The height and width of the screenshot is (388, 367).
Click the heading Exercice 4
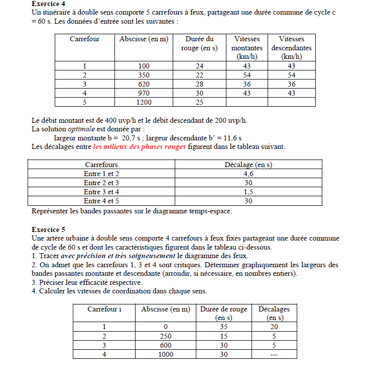(48, 5)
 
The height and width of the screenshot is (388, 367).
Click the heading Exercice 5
(48, 229)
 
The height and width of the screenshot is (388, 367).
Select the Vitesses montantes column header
(247, 48)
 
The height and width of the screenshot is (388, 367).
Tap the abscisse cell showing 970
(144, 93)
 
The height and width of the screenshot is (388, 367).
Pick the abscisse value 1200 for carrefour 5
(144, 102)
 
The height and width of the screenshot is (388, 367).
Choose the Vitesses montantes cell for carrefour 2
(247, 75)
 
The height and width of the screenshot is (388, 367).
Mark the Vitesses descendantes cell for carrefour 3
(291, 84)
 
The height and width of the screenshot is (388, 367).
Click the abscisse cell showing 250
(165, 336)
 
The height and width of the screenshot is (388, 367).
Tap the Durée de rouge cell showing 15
(223, 336)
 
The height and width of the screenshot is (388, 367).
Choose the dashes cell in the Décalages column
(274, 354)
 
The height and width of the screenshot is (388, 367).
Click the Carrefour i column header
(104, 309)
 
